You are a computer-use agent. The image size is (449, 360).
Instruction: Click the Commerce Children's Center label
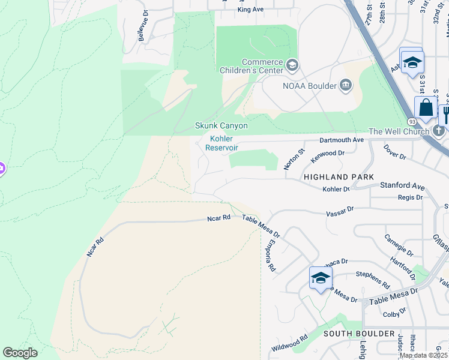[x=262, y=66]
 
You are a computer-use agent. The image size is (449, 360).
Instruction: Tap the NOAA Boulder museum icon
[x=346, y=85]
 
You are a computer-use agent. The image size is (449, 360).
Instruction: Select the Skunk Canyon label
[x=221, y=126]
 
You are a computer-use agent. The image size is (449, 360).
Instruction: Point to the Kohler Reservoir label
[x=221, y=143]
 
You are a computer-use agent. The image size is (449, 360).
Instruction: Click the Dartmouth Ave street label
[x=342, y=140]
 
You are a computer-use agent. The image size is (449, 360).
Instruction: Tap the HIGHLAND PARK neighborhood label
[x=339, y=177]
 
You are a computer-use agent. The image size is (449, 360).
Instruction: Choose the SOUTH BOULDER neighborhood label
[x=359, y=333]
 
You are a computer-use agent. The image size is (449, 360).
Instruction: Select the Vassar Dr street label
[x=340, y=212]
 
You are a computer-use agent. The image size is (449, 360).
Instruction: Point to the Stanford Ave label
[x=402, y=187]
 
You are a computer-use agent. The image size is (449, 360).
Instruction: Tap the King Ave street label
[x=250, y=10]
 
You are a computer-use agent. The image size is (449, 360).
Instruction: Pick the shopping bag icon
[x=426, y=108]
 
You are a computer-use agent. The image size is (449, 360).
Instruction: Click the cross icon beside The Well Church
[x=439, y=131]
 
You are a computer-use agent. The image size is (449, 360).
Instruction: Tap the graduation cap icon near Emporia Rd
[x=321, y=278]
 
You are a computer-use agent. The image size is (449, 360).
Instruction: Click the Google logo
[x=20, y=353]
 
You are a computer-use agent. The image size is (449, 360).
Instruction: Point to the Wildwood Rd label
[x=289, y=342]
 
